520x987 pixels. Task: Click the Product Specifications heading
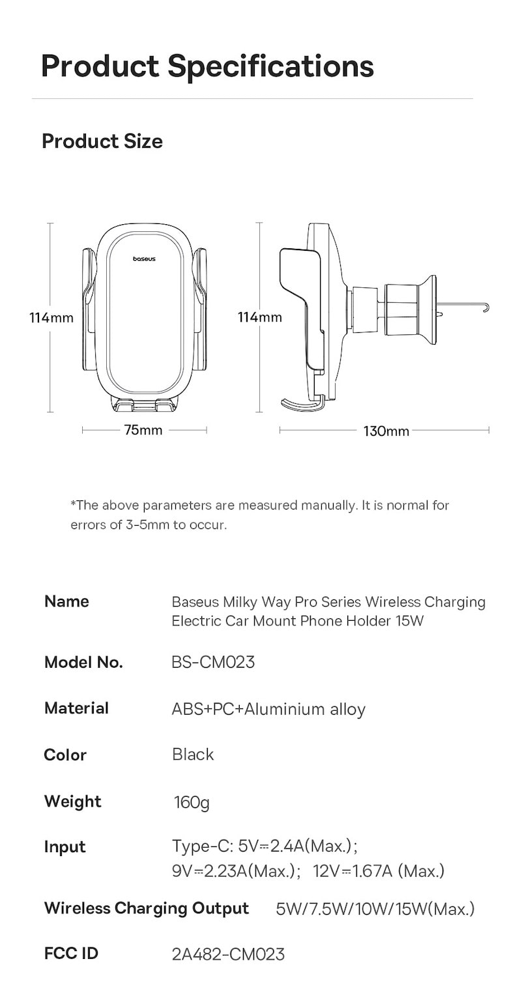click(x=208, y=66)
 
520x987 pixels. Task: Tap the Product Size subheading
click(x=102, y=141)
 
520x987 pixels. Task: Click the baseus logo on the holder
click(x=144, y=259)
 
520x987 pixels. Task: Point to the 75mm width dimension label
click(x=143, y=429)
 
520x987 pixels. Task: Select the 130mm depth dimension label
click(x=386, y=431)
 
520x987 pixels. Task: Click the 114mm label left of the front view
click(x=51, y=317)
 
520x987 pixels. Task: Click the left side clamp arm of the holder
click(x=90, y=308)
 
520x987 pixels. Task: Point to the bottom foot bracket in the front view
click(x=144, y=404)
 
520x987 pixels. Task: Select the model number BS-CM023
click(x=213, y=663)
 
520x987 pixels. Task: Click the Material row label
click(x=76, y=708)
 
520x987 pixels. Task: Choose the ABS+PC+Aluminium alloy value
click(x=268, y=709)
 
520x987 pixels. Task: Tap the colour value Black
click(x=193, y=754)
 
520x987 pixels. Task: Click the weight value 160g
click(x=192, y=802)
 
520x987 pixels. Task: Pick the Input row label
click(x=65, y=847)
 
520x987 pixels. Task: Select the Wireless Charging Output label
click(x=147, y=909)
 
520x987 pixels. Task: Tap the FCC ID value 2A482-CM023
click(x=228, y=954)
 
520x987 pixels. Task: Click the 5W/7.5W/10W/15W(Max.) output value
click(x=375, y=909)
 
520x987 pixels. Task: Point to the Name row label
click(x=66, y=601)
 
